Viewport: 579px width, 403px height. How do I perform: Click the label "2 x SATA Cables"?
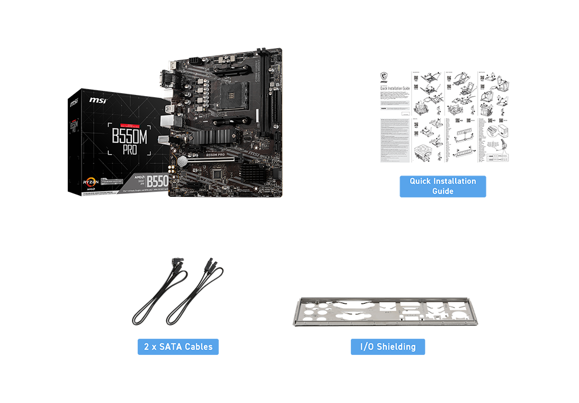click(178, 347)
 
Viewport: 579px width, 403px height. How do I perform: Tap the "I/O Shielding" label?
click(388, 347)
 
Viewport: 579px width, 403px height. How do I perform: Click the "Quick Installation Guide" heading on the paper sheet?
click(394, 89)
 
